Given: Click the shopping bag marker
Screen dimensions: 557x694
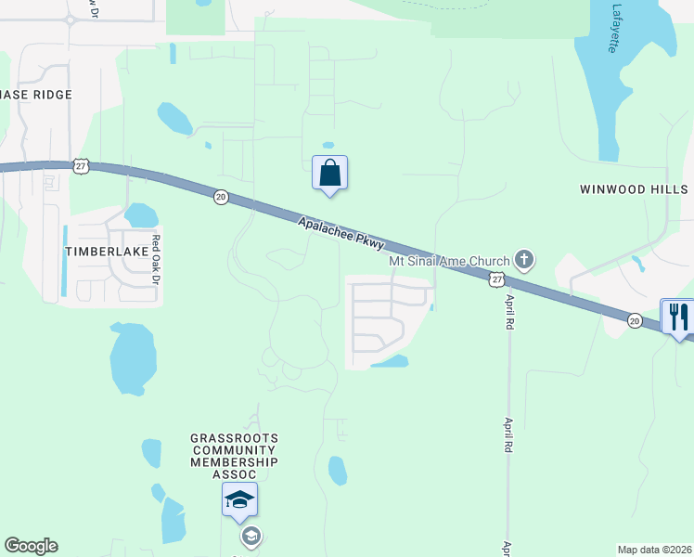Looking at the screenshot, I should pos(329,174).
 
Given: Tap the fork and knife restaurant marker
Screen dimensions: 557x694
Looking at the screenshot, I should pos(677,317).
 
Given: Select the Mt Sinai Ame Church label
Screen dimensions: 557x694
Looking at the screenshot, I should pos(449,261).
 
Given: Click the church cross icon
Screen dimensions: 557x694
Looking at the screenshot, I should pos(524,259).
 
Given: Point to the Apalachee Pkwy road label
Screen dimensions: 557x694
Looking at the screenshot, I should pos(341,232).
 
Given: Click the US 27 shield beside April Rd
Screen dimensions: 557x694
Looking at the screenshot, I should pos(497,279).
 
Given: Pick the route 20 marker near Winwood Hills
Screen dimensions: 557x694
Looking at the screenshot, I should pos(635,320).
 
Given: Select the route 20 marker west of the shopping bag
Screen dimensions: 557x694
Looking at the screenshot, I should pos(220,197).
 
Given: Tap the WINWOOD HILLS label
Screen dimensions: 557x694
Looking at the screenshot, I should pos(634,189).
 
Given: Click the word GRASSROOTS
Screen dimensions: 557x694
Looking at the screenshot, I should pos(234,437).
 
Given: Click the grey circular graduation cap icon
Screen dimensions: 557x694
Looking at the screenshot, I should pos(250,536).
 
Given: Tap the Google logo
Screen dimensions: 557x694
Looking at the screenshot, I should pos(31,546).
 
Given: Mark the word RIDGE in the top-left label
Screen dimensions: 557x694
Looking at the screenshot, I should pos(52,95).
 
